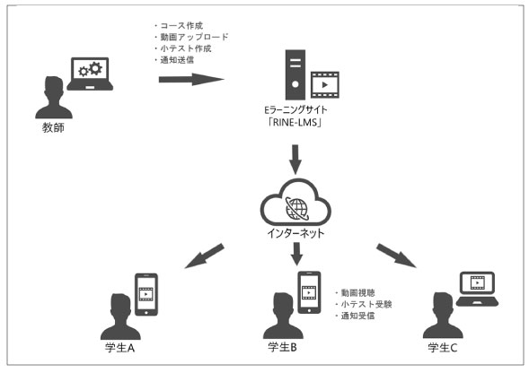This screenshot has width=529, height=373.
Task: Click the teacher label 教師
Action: point(53,127)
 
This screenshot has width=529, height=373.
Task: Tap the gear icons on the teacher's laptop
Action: point(90,69)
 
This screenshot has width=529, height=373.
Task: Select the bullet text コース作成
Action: point(181,26)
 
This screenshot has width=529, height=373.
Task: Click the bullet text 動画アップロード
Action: point(194,37)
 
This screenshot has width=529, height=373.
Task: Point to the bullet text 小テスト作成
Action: point(186,48)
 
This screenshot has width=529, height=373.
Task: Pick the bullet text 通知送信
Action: point(177,60)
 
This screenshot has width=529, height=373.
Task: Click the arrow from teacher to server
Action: point(191,80)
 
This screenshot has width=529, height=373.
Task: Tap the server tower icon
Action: point(295,74)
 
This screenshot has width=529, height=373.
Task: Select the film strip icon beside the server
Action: point(324,85)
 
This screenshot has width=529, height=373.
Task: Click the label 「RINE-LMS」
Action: point(295,122)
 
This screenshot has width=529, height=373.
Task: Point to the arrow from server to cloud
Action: point(295,160)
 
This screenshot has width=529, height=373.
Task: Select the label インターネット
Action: point(295,233)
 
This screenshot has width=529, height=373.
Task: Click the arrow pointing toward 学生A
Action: point(204,256)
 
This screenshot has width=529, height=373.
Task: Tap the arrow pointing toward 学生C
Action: point(396,256)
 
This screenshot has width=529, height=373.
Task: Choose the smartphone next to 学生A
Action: point(146,294)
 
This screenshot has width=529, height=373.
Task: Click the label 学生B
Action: point(282,347)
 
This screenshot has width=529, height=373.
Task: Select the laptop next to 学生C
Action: point(477,289)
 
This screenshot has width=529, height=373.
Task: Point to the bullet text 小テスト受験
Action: point(366,304)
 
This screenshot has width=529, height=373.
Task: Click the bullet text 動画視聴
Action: point(358,293)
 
